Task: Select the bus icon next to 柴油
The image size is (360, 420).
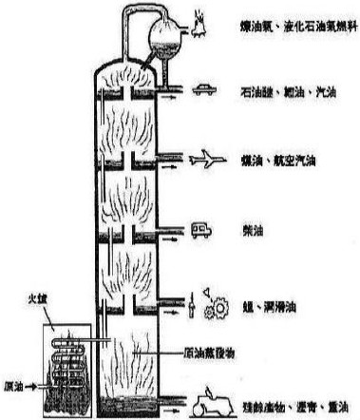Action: pos(204,229)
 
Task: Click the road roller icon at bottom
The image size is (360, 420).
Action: pos(209,404)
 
